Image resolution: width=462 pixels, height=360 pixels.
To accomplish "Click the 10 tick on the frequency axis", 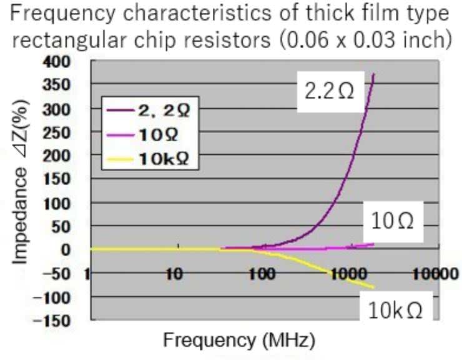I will click(x=174, y=273).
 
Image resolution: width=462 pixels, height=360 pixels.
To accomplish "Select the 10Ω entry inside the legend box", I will click(x=160, y=135).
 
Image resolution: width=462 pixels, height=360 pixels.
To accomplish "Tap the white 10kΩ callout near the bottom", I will click(x=396, y=310).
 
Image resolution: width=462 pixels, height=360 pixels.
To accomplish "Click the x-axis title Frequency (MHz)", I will click(x=239, y=341).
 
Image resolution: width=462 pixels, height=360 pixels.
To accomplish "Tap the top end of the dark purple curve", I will click(x=373, y=74).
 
